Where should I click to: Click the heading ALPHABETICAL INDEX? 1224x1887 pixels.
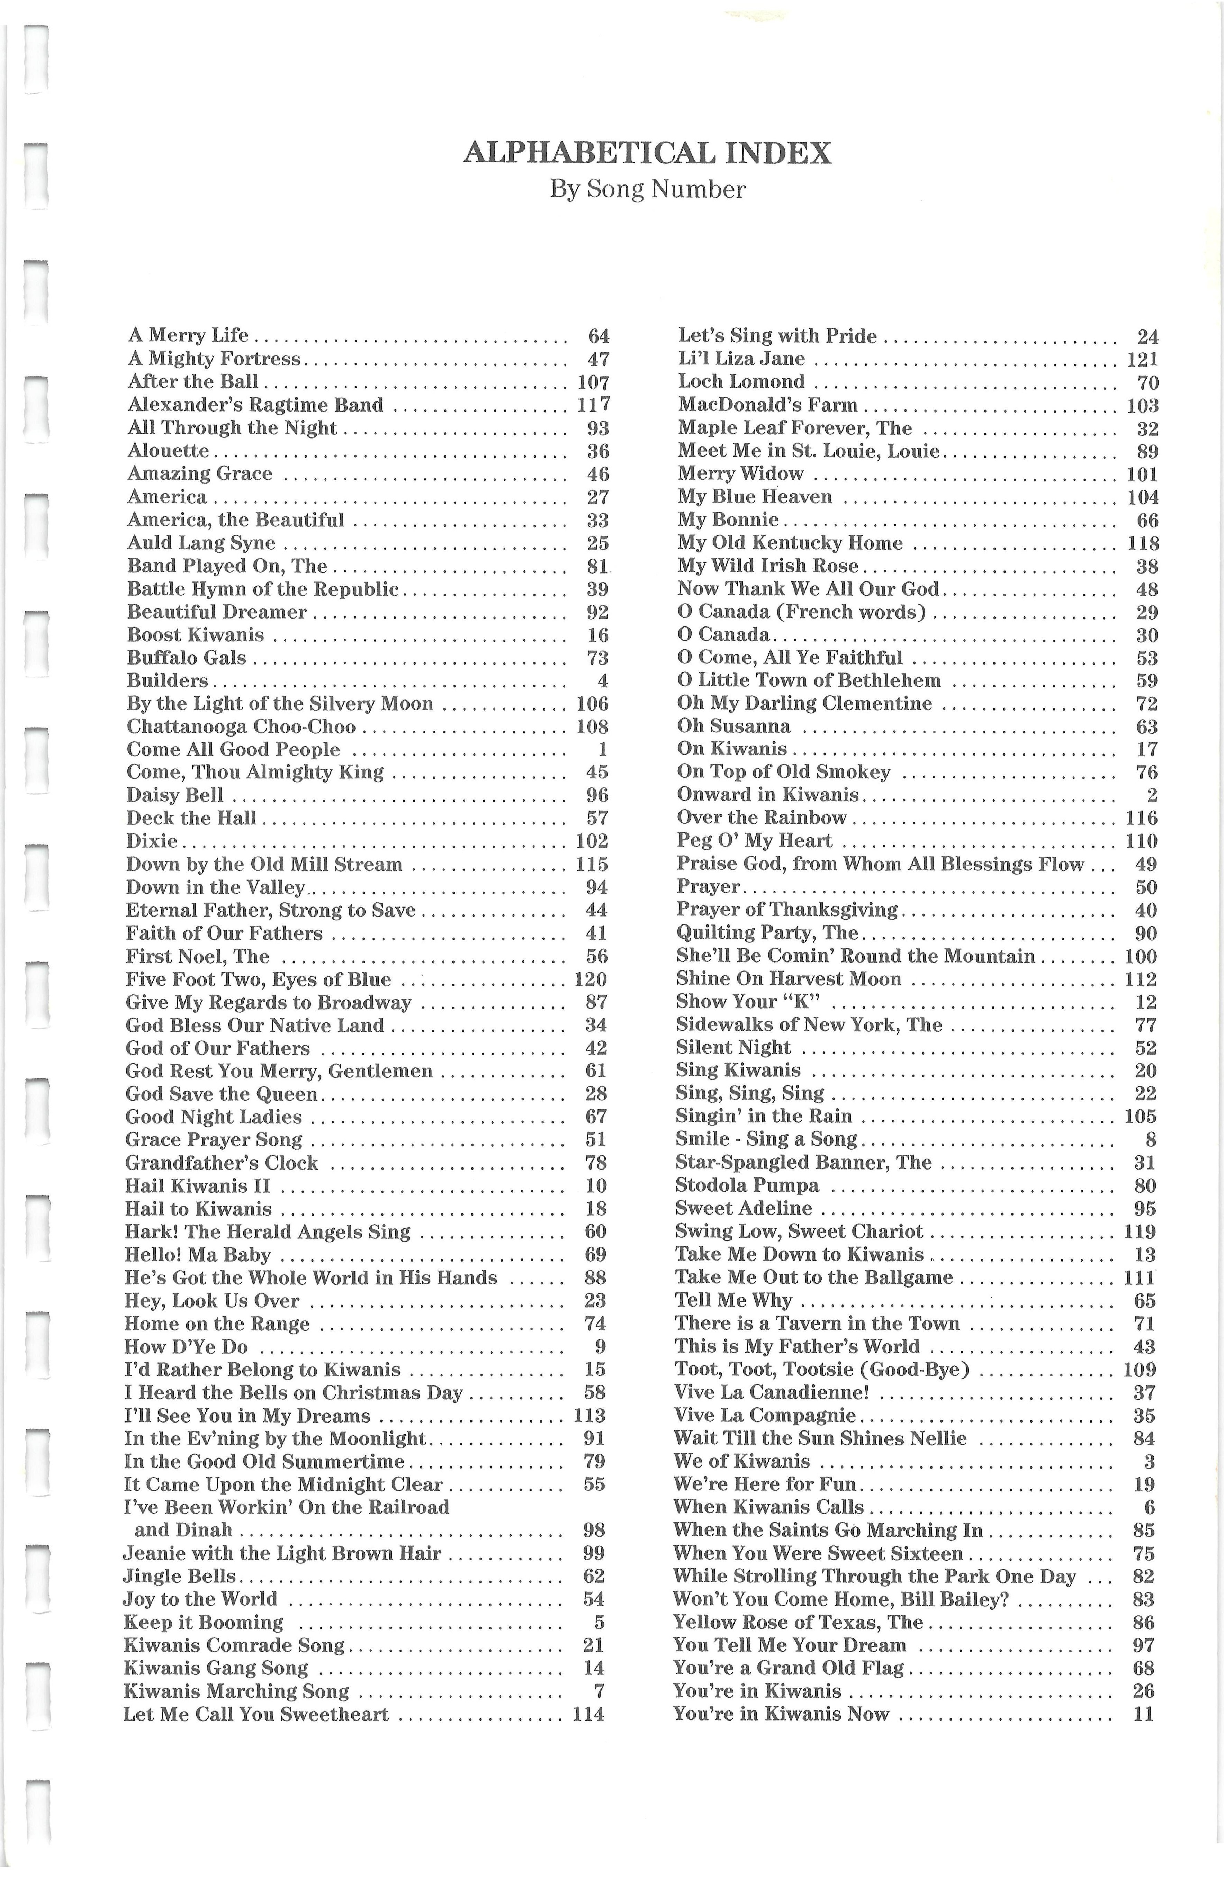[647, 152]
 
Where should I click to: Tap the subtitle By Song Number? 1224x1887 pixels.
[647, 189]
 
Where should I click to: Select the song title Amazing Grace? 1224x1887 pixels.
[200, 474]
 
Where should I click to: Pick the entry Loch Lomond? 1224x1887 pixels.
[741, 382]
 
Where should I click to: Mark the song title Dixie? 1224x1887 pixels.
[152, 841]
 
